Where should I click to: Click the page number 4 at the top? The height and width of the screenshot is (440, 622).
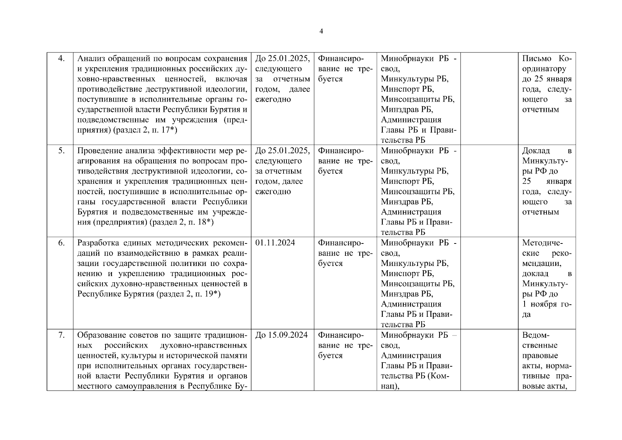[321, 32]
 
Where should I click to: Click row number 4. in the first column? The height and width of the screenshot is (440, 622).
[61, 58]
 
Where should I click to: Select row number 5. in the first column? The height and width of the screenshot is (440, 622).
[61, 151]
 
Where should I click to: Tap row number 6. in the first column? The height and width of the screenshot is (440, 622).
[61, 243]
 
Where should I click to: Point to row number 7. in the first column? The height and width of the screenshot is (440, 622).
[61, 335]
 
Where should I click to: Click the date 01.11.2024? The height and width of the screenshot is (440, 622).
[275, 243]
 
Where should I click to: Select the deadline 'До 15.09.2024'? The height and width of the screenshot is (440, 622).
[281, 335]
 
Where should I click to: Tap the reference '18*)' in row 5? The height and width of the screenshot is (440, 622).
[206, 223]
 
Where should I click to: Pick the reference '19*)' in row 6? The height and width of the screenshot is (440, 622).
[212, 294]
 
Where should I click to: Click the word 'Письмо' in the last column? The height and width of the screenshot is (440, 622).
[535, 58]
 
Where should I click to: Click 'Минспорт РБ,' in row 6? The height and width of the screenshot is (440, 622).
[407, 274]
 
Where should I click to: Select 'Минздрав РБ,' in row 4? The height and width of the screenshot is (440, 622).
[407, 110]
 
